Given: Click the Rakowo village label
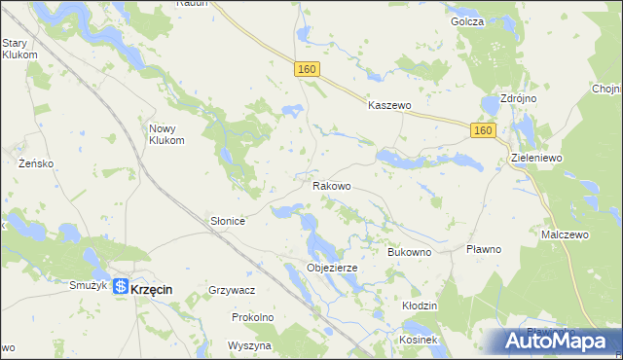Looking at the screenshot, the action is click(331, 185).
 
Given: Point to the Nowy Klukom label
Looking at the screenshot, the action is click(166, 133).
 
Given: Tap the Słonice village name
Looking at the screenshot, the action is click(228, 222).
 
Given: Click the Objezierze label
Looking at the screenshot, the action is click(333, 268).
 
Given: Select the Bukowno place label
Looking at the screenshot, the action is click(409, 251).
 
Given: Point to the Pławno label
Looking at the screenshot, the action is click(483, 249).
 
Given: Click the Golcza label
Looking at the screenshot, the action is click(467, 21).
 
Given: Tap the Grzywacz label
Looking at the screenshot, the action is click(232, 290).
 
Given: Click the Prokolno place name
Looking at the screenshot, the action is click(252, 317).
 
